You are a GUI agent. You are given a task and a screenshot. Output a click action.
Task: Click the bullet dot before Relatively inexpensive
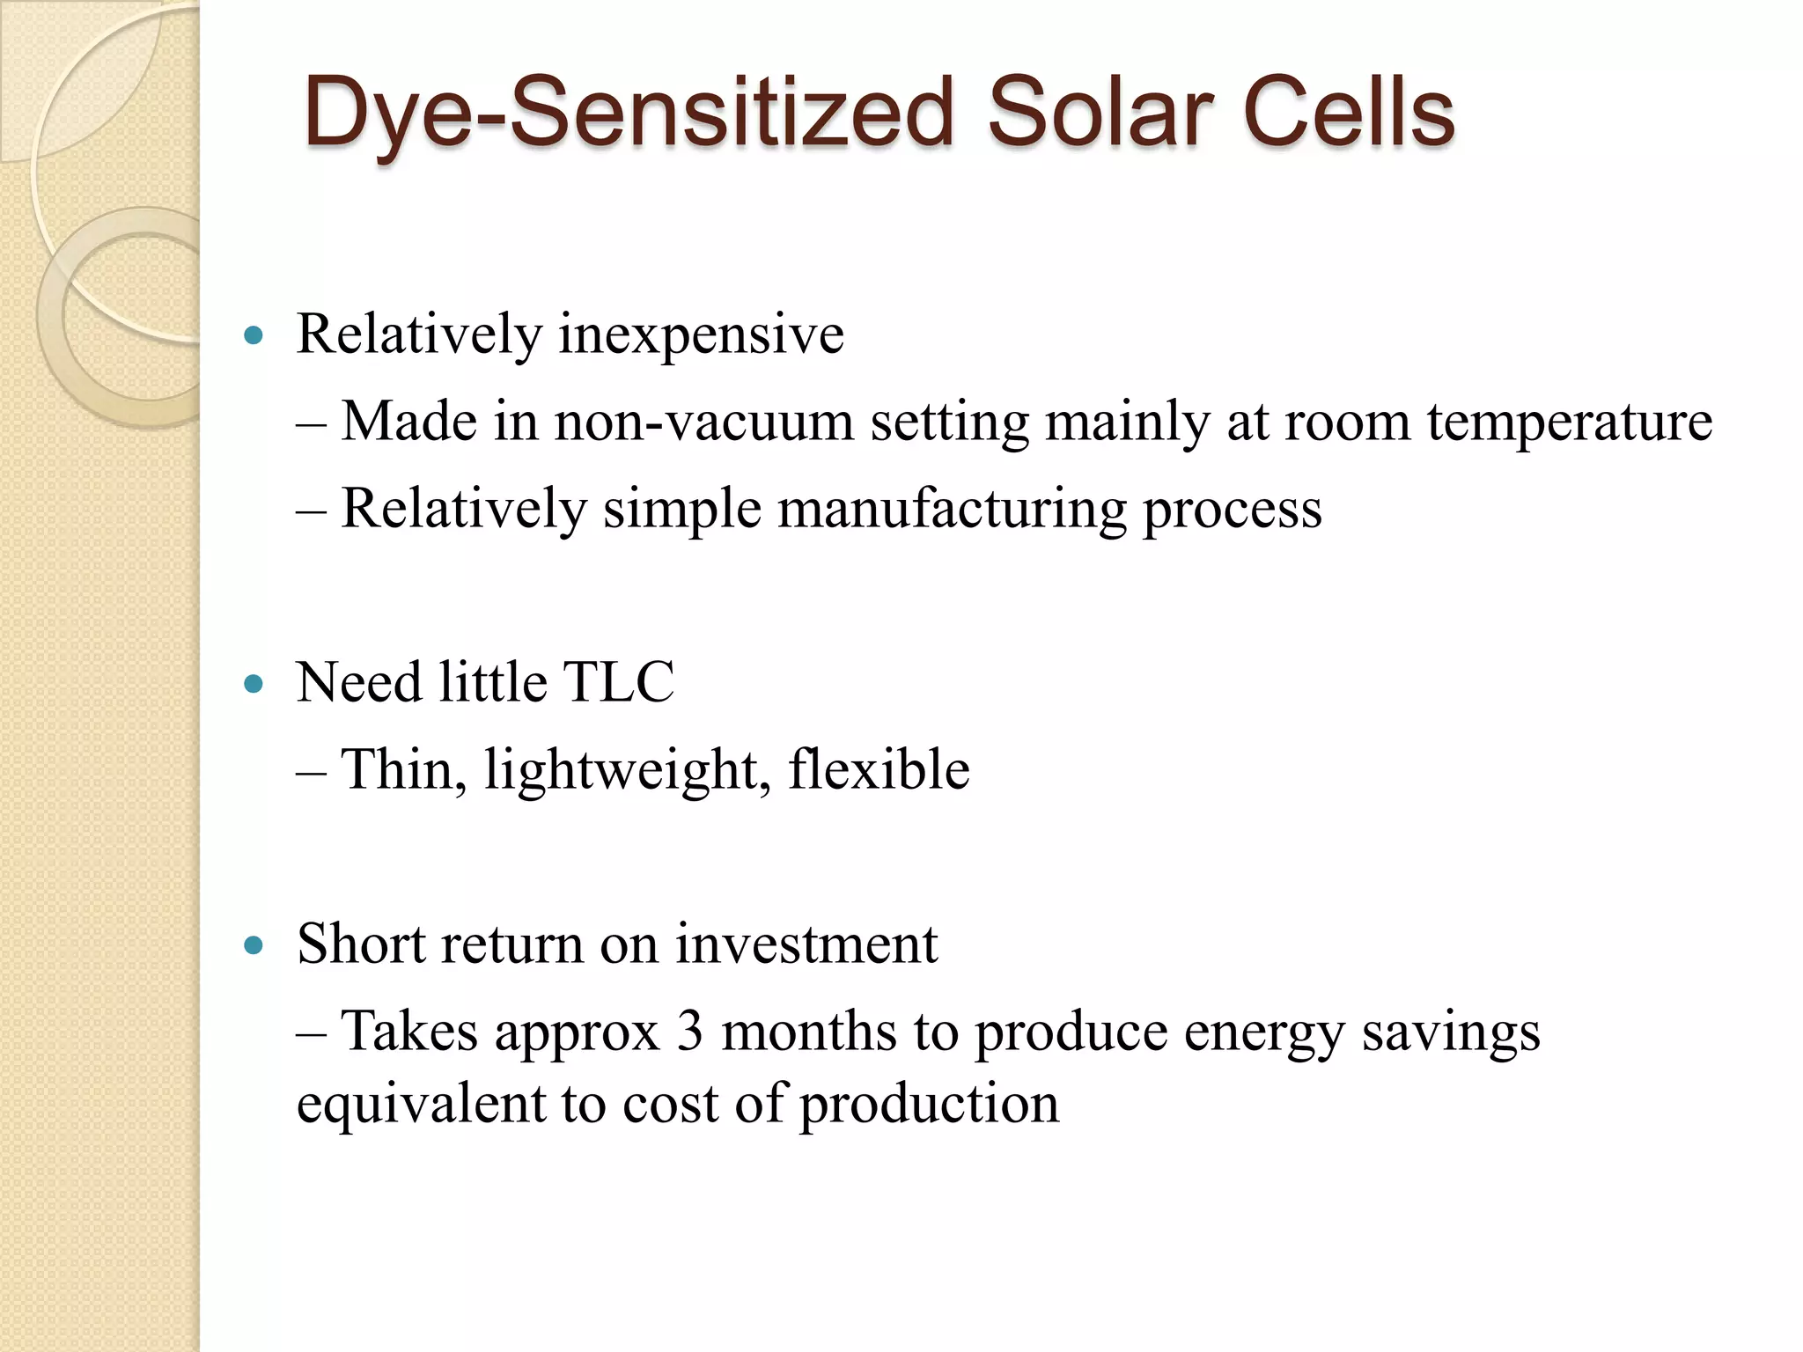254,335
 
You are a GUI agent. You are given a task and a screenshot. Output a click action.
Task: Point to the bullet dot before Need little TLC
254,684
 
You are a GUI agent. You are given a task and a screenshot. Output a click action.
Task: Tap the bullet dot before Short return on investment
254,945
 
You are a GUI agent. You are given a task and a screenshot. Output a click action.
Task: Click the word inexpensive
701,335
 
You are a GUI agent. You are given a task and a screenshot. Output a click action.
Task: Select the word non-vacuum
703,422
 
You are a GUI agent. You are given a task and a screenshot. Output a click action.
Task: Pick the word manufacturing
952,510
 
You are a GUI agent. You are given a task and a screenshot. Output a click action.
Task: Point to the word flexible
879,769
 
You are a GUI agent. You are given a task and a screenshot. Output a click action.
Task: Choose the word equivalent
421,1104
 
